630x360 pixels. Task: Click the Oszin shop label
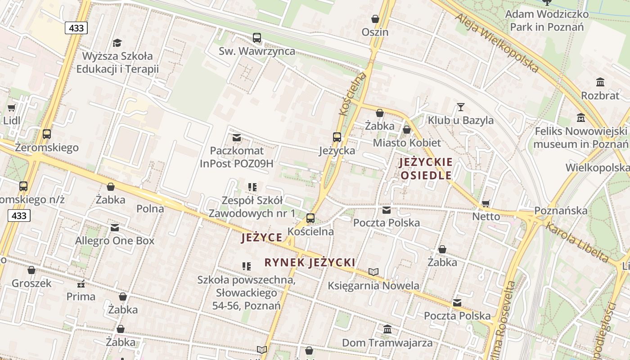(375, 32)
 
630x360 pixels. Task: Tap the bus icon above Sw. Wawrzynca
(257, 38)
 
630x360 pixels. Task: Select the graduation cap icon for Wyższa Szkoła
(117, 43)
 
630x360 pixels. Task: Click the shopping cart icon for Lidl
(11, 108)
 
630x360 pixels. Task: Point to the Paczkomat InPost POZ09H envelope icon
(237, 138)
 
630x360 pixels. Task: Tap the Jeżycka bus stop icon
(337, 137)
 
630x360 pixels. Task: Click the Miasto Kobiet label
(407, 143)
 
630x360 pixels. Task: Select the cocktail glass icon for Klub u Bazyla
(460, 107)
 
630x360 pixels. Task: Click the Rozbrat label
(600, 95)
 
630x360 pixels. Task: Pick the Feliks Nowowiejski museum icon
(581, 118)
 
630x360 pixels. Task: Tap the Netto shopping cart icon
(486, 204)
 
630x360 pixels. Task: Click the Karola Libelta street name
(577, 242)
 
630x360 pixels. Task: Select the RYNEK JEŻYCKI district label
(310, 263)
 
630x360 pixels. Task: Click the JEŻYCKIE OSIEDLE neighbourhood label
(426, 169)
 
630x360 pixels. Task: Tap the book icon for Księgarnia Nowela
(373, 272)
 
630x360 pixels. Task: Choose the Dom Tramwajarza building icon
(387, 329)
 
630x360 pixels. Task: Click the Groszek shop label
(31, 283)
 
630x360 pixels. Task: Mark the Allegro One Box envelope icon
(115, 228)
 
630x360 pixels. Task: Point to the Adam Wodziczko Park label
(547, 20)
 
